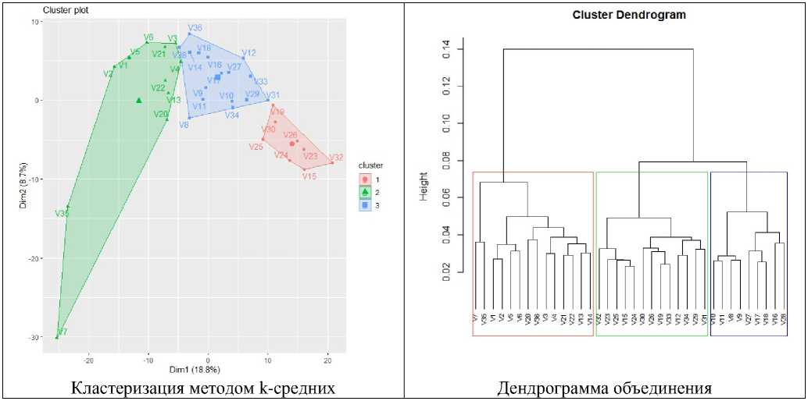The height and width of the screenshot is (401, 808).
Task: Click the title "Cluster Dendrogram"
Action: click(x=617, y=15)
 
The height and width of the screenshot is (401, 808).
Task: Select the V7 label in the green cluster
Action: click(x=63, y=332)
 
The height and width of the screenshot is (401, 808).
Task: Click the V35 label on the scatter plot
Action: click(x=62, y=212)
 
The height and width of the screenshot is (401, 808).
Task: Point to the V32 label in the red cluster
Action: click(x=336, y=157)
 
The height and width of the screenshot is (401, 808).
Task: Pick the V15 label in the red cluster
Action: click(x=309, y=176)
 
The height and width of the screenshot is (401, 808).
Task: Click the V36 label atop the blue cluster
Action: click(x=195, y=28)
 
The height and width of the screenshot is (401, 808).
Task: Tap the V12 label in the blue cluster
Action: click(x=248, y=53)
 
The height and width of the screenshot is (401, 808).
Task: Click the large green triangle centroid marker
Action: click(x=138, y=100)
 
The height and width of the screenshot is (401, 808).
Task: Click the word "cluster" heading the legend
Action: click(x=371, y=165)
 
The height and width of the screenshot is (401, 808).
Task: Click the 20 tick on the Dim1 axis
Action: click(x=327, y=360)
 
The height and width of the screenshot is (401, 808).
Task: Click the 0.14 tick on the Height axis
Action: click(x=448, y=49)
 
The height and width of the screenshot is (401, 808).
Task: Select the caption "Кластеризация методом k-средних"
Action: click(x=202, y=388)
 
